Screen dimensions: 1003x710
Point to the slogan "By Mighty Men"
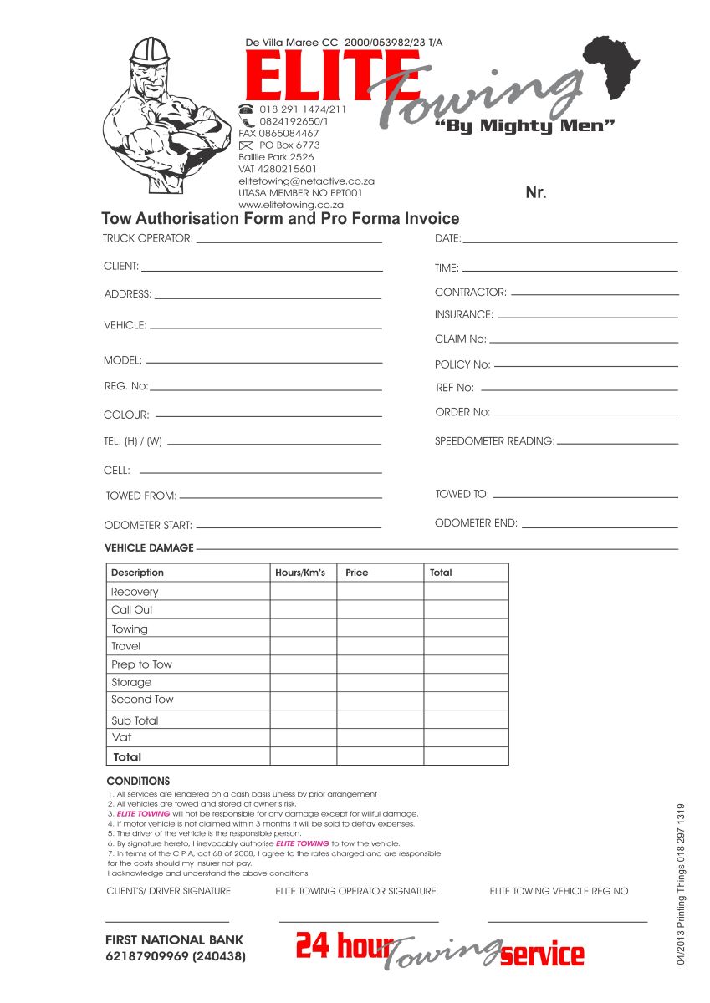coord(526,126)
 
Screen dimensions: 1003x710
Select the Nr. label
coord(536,193)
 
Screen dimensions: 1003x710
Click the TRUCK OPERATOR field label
coord(148,238)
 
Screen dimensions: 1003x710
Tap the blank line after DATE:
coord(570,242)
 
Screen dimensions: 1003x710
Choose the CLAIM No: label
coord(460,339)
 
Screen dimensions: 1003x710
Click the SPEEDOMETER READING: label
coord(494,440)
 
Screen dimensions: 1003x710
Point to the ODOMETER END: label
coord(476,523)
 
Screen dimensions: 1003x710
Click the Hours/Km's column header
coord(300,573)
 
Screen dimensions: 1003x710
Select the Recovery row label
coord(135,592)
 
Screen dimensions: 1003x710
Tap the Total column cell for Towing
coord(466,629)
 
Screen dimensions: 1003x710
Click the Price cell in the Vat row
coord(380,737)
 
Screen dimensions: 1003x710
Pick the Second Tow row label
coord(142,700)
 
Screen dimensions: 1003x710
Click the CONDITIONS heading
coord(138,781)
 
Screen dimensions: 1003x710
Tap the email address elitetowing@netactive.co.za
coord(306,181)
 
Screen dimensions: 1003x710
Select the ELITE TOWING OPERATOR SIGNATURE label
coord(355,891)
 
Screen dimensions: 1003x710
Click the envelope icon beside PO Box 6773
coord(246,145)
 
